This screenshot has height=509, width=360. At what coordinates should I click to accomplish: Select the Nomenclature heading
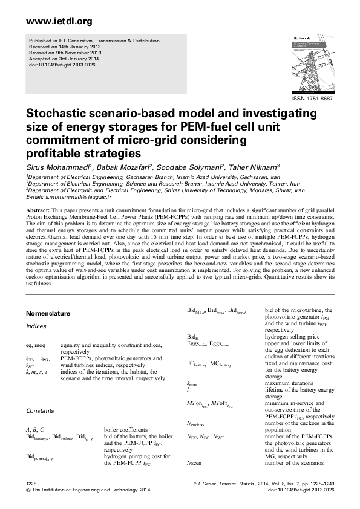(48, 314)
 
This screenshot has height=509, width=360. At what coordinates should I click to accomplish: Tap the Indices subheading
(36, 326)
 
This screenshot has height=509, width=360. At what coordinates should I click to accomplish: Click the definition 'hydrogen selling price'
(292, 336)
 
